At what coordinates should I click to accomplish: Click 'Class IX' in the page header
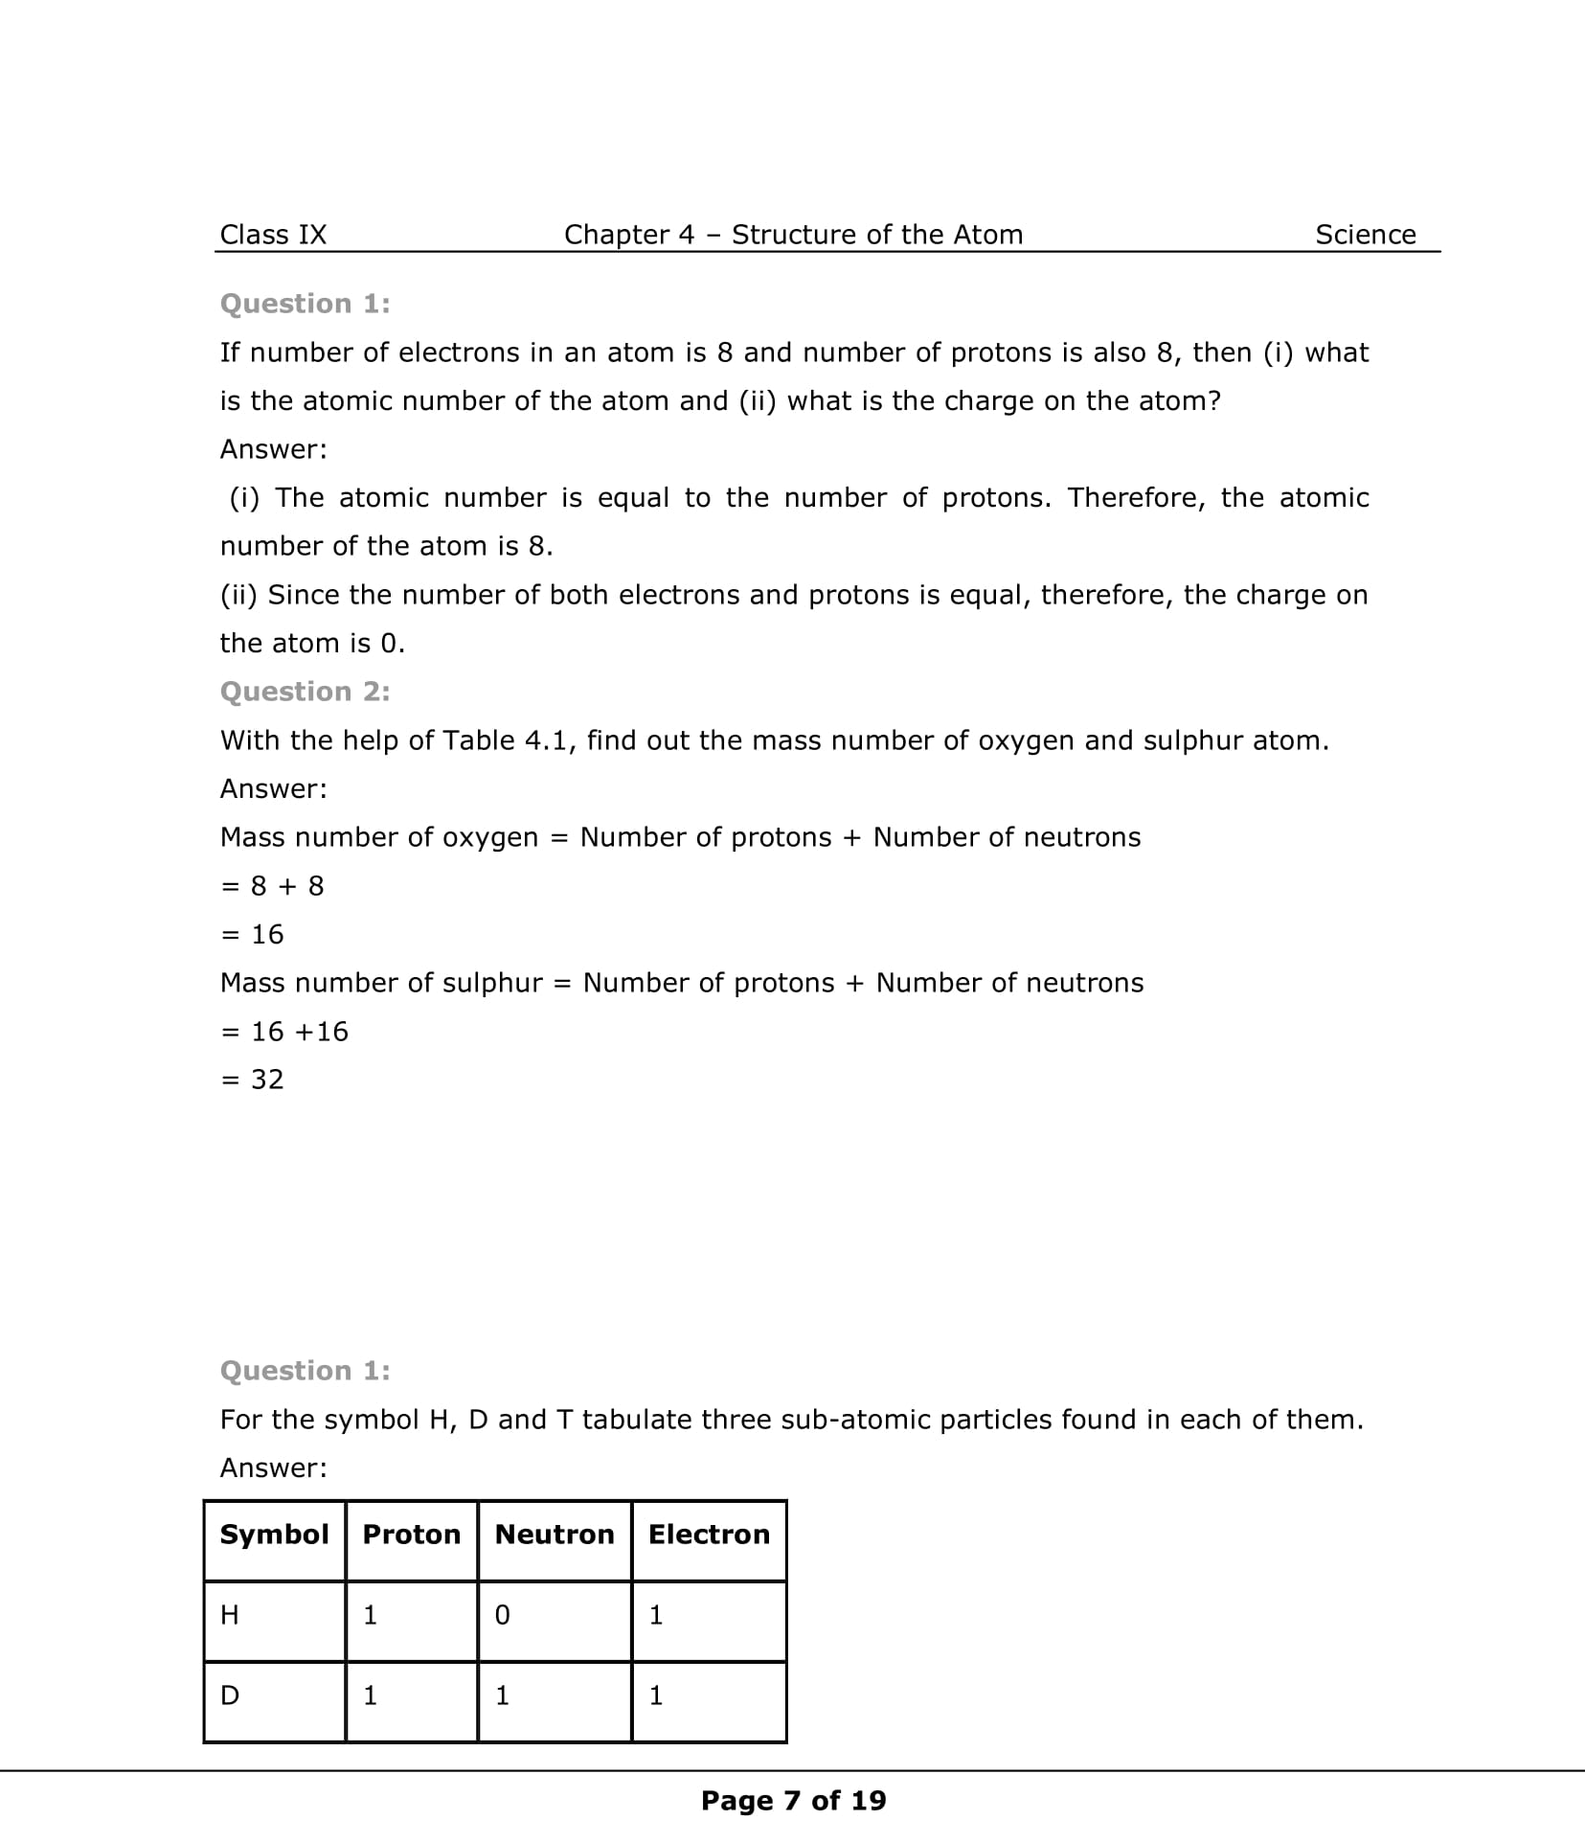pyautogui.click(x=273, y=235)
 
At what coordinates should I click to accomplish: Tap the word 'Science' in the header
pyautogui.click(x=1365, y=235)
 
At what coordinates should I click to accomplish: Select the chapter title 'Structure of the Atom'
pyautogui.click(x=877, y=235)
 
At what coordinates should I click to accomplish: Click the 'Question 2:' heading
pyautogui.click(x=305, y=692)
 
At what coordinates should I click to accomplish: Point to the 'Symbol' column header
pyautogui.click(x=274, y=1535)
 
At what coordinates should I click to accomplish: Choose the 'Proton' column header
pyautogui.click(x=411, y=1535)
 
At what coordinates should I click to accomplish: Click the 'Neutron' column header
pyautogui.click(x=555, y=1535)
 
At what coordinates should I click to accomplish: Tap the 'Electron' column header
pyautogui.click(x=709, y=1535)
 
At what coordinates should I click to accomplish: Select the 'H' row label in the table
pyautogui.click(x=230, y=1616)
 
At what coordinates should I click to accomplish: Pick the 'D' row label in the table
pyautogui.click(x=230, y=1696)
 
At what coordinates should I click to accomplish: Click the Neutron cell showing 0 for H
pyautogui.click(x=503, y=1616)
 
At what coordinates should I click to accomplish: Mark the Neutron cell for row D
pyautogui.click(x=503, y=1696)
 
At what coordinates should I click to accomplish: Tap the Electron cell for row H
pyautogui.click(x=656, y=1616)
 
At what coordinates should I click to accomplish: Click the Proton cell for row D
pyautogui.click(x=371, y=1696)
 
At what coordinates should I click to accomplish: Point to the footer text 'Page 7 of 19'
pyautogui.click(x=793, y=1801)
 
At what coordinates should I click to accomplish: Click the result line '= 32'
pyautogui.click(x=253, y=1080)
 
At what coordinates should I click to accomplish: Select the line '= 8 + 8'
pyautogui.click(x=273, y=886)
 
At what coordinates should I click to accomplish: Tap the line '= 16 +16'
pyautogui.click(x=284, y=1032)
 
